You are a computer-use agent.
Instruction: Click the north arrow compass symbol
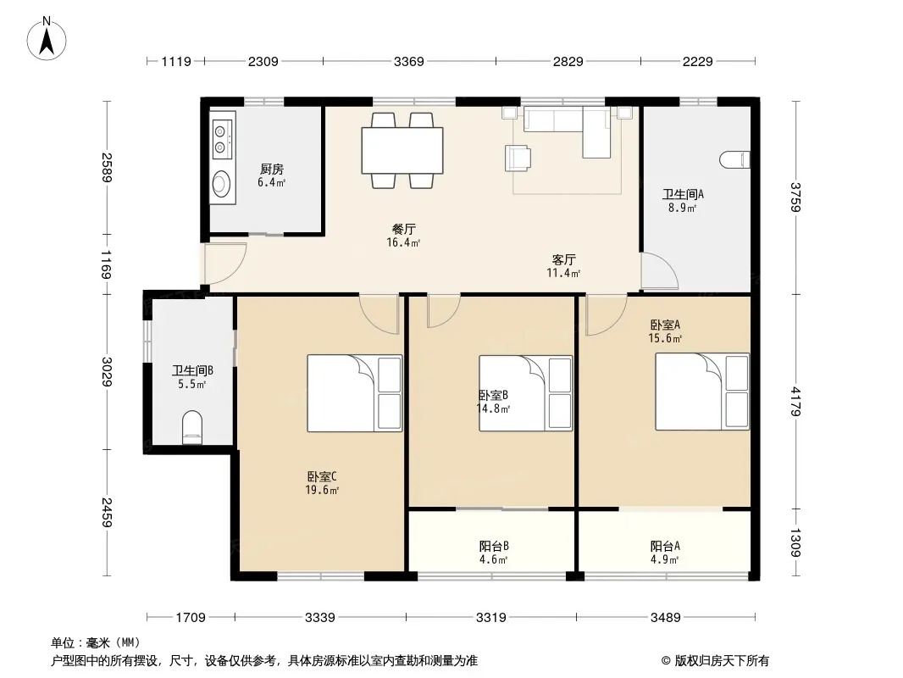pyautogui.click(x=47, y=39)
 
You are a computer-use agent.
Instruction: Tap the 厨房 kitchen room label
pyautogui.click(x=271, y=169)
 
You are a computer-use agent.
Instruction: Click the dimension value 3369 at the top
pyautogui.click(x=409, y=61)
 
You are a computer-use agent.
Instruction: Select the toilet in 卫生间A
pyautogui.click(x=734, y=159)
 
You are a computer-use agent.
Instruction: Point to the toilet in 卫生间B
pyautogui.click(x=192, y=427)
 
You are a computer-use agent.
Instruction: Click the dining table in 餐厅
pyautogui.click(x=402, y=150)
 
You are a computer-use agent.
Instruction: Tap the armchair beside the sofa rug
pyautogui.click(x=518, y=158)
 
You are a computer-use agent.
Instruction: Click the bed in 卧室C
pyautogui.click(x=354, y=393)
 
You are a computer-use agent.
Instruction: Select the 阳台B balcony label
pyautogui.click(x=494, y=546)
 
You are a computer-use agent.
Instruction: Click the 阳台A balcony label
pyautogui.click(x=665, y=546)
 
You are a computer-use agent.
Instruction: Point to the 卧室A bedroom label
pyautogui.click(x=665, y=325)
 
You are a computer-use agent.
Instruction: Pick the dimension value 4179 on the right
pyautogui.click(x=795, y=402)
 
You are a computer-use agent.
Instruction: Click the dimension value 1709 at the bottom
pyautogui.click(x=191, y=618)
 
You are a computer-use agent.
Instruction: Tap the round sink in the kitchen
pyautogui.click(x=220, y=184)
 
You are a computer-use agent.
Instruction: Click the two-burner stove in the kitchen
pyautogui.click(x=221, y=139)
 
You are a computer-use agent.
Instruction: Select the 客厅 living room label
pyautogui.click(x=563, y=260)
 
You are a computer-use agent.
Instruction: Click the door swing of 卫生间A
pyautogui.click(x=660, y=270)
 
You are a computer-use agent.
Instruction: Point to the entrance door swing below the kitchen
pyautogui.click(x=225, y=264)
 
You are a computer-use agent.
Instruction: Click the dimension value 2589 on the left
pyautogui.click(x=107, y=167)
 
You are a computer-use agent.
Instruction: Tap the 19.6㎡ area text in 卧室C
pyautogui.click(x=322, y=490)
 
